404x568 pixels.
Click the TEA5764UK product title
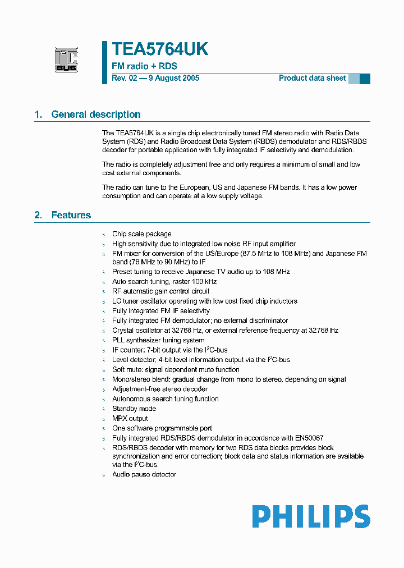(160, 49)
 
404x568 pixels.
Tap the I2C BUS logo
(66, 60)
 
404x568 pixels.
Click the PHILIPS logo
(311, 516)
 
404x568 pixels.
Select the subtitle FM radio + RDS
(144, 66)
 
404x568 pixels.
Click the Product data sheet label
(312, 78)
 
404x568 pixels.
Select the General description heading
(96, 114)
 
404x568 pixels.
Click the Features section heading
(71, 215)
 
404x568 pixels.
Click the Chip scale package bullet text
(141, 234)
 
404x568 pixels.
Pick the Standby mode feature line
(134, 409)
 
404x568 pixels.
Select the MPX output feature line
(130, 419)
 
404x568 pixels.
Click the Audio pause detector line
(144, 475)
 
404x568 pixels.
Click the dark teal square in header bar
(365, 79)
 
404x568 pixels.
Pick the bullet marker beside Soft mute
(104, 370)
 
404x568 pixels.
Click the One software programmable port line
(162, 428)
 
